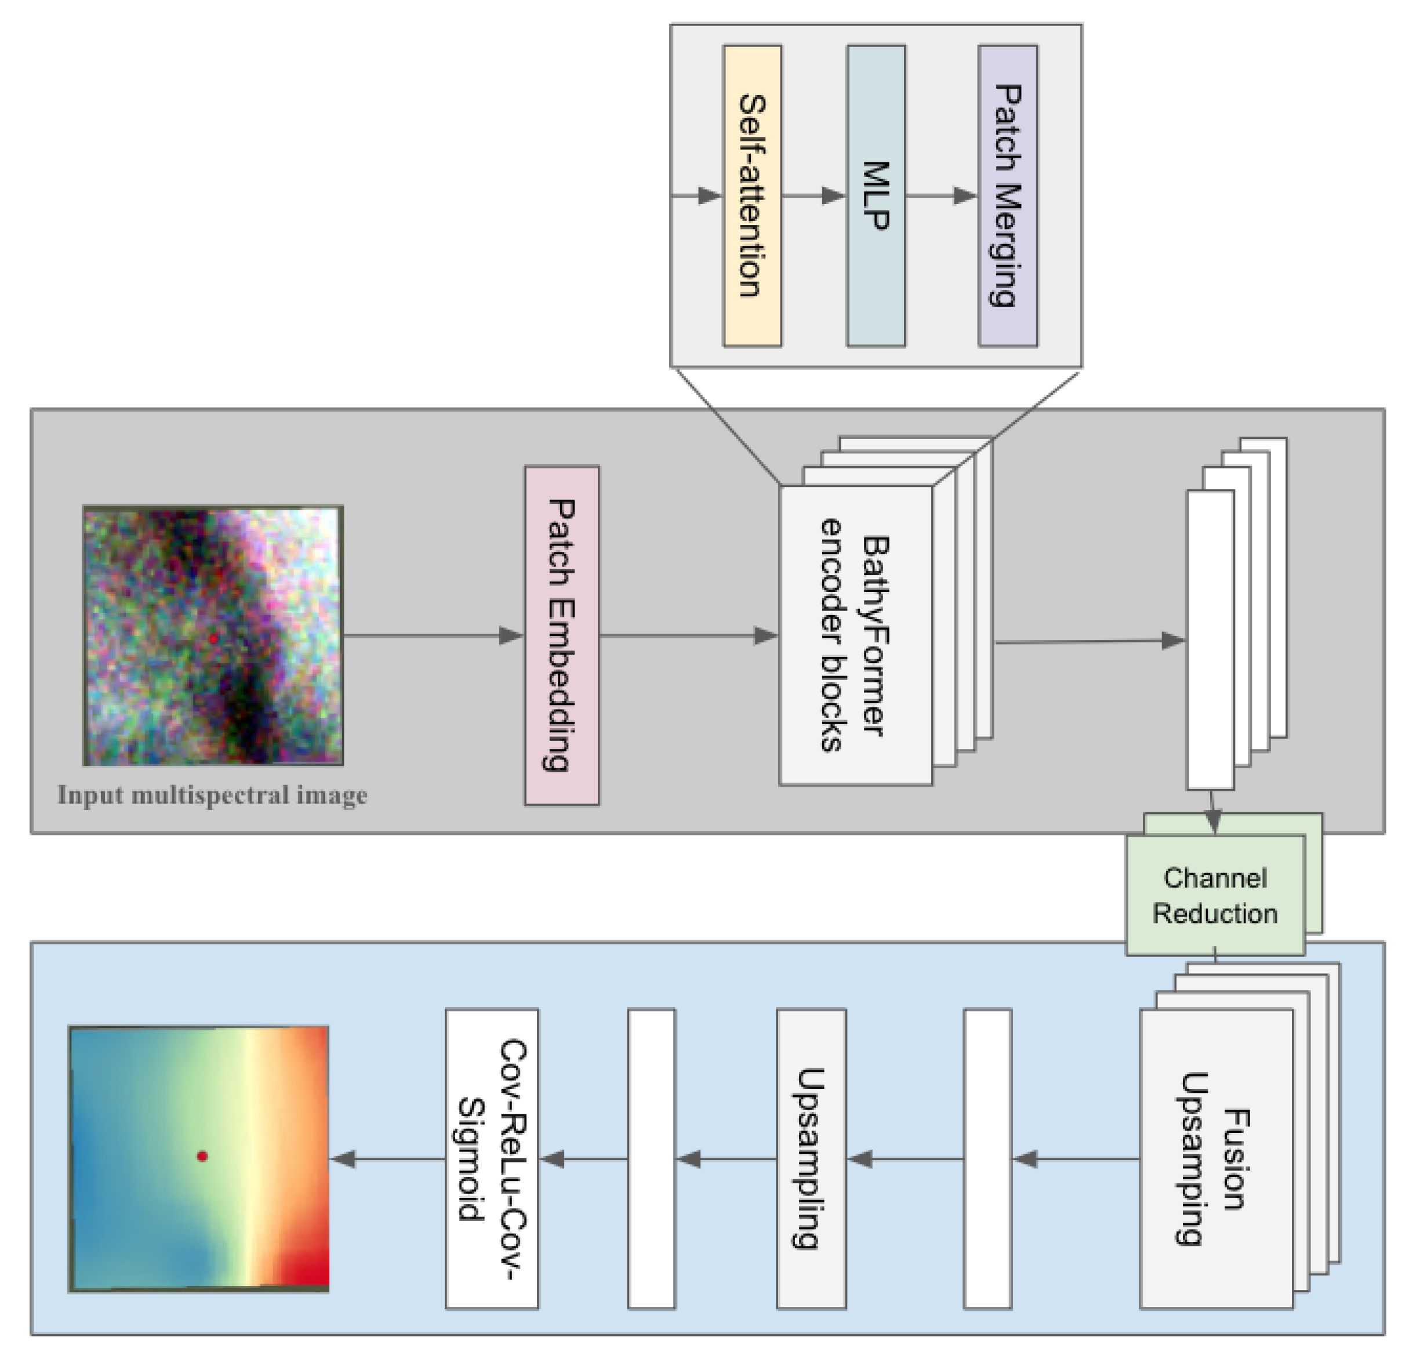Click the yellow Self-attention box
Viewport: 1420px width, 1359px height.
click(x=752, y=195)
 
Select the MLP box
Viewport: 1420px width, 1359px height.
click(x=876, y=195)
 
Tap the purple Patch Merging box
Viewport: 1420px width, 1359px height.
click(x=1007, y=195)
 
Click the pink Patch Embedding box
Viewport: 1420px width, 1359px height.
click(x=561, y=635)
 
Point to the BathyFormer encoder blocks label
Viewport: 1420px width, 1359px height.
click(x=855, y=635)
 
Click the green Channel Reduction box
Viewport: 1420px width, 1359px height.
click(x=1215, y=895)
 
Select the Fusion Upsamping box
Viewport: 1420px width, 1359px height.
click(x=1216, y=1159)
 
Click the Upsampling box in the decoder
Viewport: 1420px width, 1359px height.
click(x=811, y=1159)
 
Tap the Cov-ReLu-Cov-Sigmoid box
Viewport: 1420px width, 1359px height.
click(x=491, y=1159)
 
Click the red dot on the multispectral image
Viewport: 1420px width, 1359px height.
click(x=213, y=638)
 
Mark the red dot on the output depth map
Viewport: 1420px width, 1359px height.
click(x=202, y=1156)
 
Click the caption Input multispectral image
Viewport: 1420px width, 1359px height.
click(x=212, y=795)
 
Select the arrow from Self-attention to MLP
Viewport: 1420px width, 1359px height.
click(x=813, y=195)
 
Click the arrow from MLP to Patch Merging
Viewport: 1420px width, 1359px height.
click(x=940, y=195)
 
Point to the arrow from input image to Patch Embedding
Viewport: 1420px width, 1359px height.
click(x=433, y=636)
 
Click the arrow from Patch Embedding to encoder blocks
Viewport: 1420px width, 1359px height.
click(x=688, y=636)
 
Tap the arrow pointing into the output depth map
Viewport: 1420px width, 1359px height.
click(x=387, y=1159)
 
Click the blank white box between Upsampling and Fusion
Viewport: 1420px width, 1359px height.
click(x=987, y=1159)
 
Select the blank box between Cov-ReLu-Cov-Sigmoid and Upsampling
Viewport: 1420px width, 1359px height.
click(x=651, y=1159)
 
